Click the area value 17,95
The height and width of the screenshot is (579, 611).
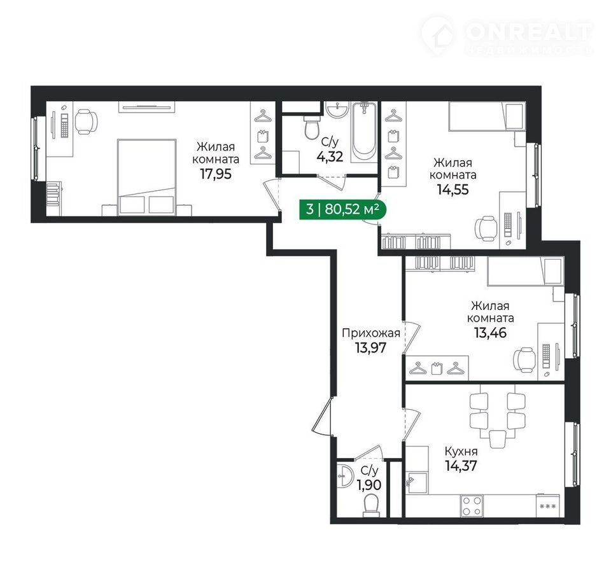pos(216,174)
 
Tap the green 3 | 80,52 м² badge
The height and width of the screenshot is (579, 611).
pos(342,209)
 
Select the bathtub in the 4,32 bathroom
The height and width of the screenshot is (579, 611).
pos(364,132)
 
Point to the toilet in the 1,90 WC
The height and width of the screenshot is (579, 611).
pos(370,505)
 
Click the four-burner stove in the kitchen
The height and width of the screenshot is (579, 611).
pos(472,505)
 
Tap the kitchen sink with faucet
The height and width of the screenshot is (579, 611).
pos(416,483)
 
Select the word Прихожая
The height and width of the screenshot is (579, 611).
pos(370,333)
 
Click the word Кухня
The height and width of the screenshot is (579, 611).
pos(461,452)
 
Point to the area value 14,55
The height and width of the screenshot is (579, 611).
pos(453,190)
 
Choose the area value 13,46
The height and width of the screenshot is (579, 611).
pos(490,333)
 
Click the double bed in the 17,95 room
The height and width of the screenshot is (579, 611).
pos(146,177)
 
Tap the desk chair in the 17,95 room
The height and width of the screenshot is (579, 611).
pos(85,121)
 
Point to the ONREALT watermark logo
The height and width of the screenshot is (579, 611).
pos(507,36)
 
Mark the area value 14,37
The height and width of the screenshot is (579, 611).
pos(461,466)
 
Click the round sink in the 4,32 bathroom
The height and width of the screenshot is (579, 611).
pos(337,109)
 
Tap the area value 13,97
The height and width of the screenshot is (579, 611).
pos(370,347)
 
